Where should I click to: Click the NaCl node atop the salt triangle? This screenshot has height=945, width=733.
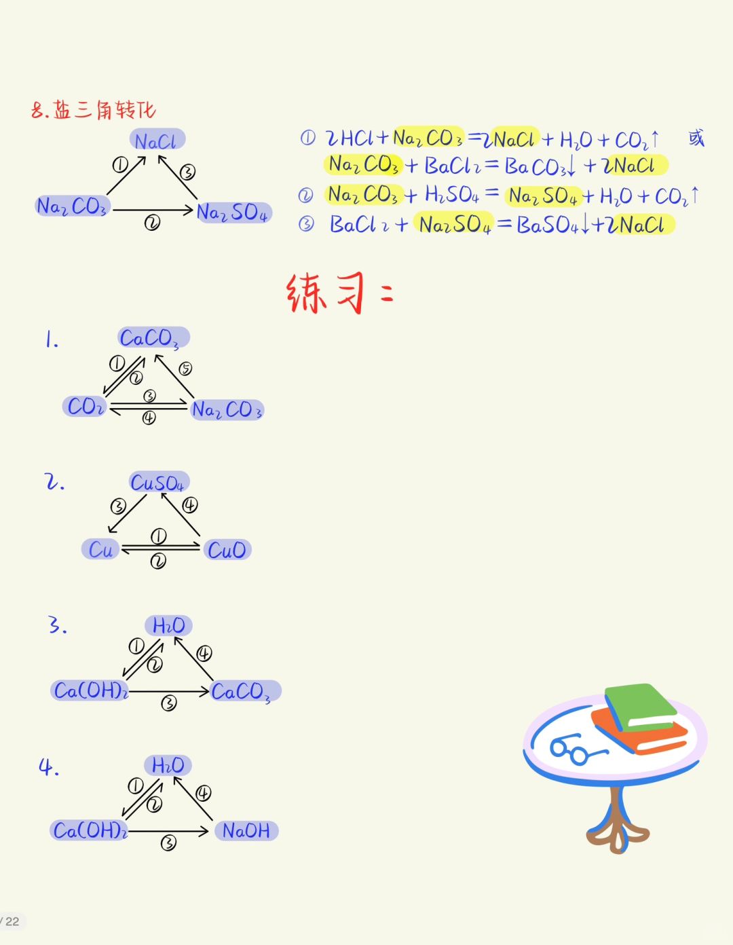click(157, 141)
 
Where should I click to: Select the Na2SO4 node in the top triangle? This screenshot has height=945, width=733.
click(233, 212)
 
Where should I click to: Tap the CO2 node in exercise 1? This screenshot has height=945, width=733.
click(86, 407)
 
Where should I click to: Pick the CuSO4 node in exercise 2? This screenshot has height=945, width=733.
click(158, 483)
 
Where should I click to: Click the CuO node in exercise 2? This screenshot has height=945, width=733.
click(227, 549)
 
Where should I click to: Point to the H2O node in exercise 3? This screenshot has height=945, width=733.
click(168, 625)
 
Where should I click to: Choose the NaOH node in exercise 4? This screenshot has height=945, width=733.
click(246, 830)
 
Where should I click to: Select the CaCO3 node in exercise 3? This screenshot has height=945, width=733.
click(242, 692)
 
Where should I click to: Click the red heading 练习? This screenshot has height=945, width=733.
click(326, 293)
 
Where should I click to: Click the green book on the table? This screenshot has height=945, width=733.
click(639, 706)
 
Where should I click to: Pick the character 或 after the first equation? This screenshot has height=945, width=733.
click(696, 138)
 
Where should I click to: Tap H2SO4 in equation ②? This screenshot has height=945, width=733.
click(451, 196)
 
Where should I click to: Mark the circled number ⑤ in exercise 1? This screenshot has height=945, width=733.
click(185, 368)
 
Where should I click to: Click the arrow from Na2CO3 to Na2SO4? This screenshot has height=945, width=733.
click(153, 210)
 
